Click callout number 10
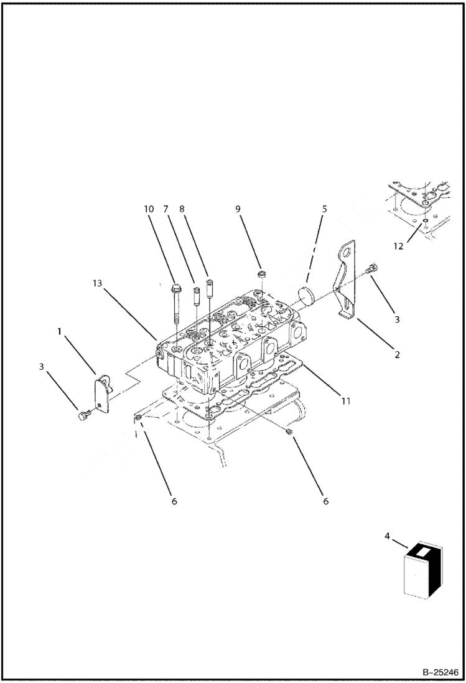(149, 209)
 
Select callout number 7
(166, 209)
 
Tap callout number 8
(182, 209)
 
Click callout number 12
(398, 246)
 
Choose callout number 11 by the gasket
(345, 400)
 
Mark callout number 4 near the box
(388, 535)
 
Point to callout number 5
(324, 209)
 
